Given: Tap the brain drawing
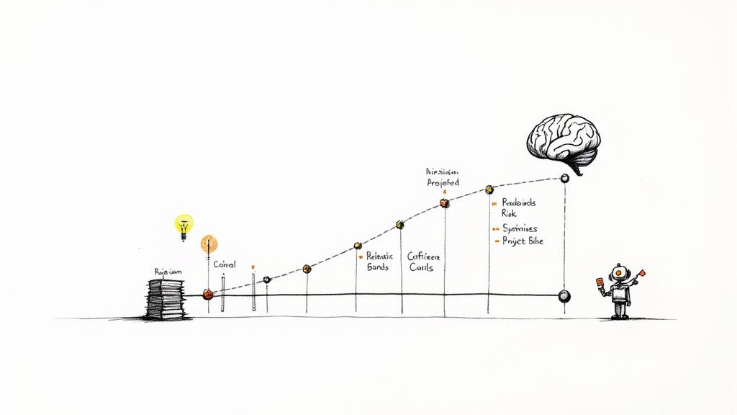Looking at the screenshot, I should point(564,141).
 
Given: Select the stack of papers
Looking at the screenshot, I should point(165,298).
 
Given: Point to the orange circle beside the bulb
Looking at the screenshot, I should point(209,243).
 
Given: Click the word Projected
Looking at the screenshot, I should point(442,183).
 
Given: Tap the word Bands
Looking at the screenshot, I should point(377,267).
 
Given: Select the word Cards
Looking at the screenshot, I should point(422,267).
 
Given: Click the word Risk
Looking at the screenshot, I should point(509,214).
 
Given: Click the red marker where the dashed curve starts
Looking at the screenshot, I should point(208,294).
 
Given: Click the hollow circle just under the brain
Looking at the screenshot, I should point(564,177).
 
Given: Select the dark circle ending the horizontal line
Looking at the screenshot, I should point(564,295).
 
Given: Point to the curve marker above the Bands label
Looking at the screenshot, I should point(357,246).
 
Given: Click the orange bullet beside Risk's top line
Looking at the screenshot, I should point(494,204).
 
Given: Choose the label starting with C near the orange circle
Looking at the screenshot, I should point(225,265).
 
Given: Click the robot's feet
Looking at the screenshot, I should point(620,315).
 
